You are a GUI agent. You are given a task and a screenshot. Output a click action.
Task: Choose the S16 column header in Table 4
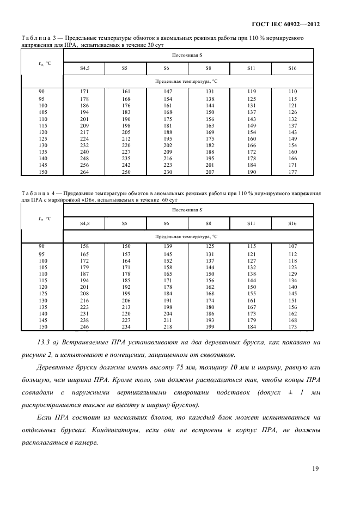tap(292, 223)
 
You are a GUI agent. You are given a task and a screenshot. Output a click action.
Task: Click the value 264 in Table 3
tap(85, 172)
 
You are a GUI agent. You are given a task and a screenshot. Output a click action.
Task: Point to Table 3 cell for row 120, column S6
tap(168, 132)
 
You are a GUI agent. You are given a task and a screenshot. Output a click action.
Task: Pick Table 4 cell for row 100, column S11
tap(252, 260)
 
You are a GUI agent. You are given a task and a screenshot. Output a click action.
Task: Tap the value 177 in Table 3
tap(292, 172)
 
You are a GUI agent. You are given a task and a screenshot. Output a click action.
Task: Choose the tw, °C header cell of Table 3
tap(42, 63)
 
